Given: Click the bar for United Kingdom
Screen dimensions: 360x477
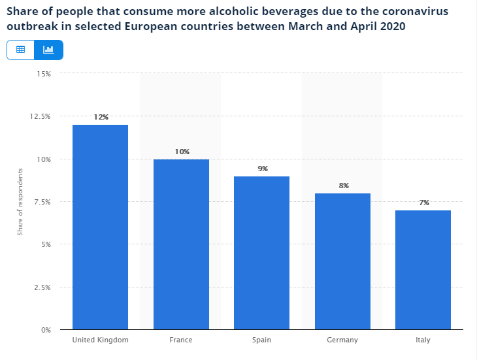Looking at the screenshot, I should pos(100,227).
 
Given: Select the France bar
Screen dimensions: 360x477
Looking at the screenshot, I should pos(181,244).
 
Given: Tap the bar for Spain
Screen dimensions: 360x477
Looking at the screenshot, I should pos(262,252).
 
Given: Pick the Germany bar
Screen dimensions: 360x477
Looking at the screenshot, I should pos(343,261).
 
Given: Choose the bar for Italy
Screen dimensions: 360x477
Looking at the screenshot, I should pos(423,269).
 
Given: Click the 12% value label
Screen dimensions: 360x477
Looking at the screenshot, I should pos(101,117).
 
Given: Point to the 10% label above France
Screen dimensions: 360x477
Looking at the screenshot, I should pos(182,152).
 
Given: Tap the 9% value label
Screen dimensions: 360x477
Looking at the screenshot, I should pos(263,169).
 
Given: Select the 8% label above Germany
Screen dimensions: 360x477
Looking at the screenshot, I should pos(344,186).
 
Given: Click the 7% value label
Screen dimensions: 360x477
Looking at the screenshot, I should pos(424,203).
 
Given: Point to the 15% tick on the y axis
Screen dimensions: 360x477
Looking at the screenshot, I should pos(44,74).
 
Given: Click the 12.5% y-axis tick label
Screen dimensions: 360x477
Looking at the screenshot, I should pos(41,116).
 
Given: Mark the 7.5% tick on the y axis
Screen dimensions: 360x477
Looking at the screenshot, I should pos(42,202).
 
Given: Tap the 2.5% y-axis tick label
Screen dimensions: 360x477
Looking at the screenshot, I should pos(42,287).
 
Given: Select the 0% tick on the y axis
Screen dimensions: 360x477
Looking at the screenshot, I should pos(45,330).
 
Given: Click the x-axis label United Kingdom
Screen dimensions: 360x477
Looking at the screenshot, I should pos(100,340).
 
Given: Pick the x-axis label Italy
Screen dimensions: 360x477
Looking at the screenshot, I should pos(423,340).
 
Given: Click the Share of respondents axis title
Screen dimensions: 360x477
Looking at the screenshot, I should pos(20,201).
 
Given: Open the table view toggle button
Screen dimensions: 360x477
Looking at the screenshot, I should pos(20,50).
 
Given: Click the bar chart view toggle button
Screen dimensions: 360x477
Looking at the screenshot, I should pos(48,50).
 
